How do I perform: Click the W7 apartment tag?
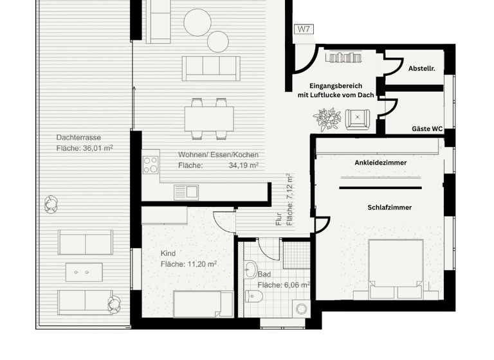[x=303, y=30]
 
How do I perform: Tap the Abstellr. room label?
[x=422, y=68]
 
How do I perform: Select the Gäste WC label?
[x=427, y=129]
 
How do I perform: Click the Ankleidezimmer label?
[x=380, y=163]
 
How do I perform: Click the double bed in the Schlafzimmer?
[x=394, y=269]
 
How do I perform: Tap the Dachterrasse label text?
[x=78, y=138]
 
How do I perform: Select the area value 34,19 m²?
[x=244, y=165]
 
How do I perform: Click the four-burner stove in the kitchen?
[x=151, y=165]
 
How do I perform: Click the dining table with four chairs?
[x=209, y=118]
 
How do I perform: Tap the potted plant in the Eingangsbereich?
[x=327, y=119]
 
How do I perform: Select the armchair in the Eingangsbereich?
[x=357, y=118]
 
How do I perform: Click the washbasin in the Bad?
[x=250, y=269]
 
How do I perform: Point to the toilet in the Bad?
[x=254, y=296]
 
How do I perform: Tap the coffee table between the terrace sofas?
[x=84, y=273]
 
